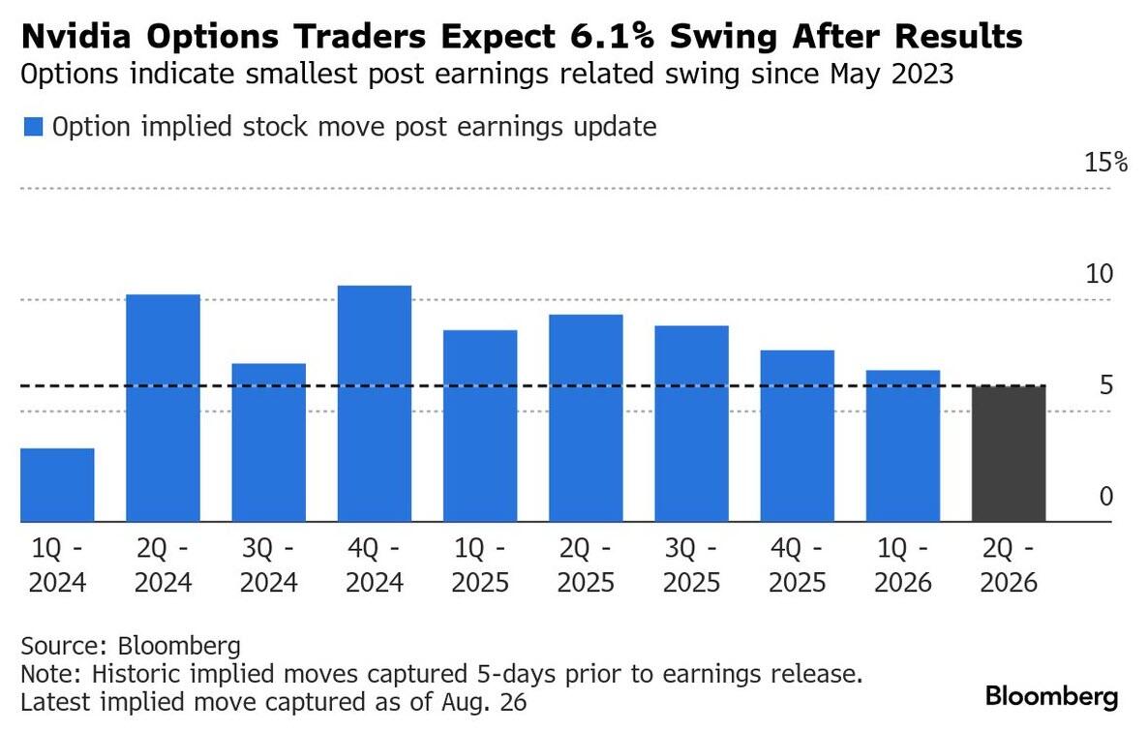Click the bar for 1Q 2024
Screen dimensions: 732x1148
pos(57,485)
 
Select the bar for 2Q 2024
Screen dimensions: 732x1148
pos(163,408)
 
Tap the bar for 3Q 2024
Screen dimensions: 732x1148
pos(268,442)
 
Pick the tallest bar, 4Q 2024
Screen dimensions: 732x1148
pos(375,404)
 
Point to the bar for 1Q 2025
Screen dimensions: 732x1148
pos(480,426)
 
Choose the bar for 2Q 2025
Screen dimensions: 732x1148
pos(586,418)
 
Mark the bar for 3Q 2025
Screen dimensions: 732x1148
pos(691,424)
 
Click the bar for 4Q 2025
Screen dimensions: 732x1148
pos(797,436)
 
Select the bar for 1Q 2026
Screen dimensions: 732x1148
pos(902,446)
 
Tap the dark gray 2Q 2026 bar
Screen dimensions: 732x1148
pos(1009,453)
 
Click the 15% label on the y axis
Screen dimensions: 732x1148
pos(1105,162)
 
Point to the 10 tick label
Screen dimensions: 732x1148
pos(1100,274)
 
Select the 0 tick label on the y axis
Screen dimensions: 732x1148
pos(1105,498)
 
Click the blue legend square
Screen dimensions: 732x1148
pos(33,127)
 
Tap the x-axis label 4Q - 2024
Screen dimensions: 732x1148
pos(375,565)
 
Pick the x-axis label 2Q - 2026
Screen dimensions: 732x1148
pos(1009,565)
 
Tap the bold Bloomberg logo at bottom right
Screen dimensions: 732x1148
pos(1051,696)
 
